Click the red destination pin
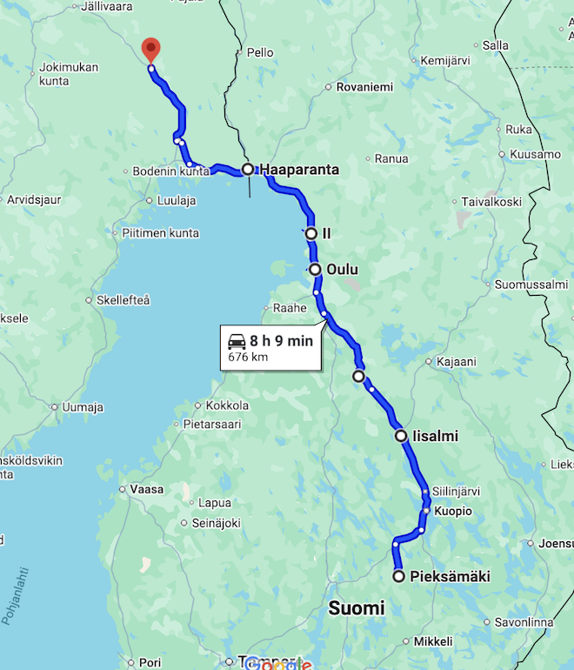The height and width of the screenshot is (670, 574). (x=150, y=49)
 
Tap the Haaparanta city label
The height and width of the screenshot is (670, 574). (x=299, y=170)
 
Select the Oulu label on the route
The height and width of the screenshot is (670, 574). (x=342, y=270)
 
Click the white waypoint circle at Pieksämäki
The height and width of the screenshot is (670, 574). (x=399, y=576)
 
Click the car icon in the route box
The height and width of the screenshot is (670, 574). (x=236, y=341)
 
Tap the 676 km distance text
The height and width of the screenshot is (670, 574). (x=248, y=357)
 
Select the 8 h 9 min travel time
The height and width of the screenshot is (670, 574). (x=281, y=341)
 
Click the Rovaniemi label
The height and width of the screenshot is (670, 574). (x=364, y=87)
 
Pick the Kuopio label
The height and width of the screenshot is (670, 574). (x=453, y=511)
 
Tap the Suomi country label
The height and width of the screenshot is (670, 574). (x=357, y=608)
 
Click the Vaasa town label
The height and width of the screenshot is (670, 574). (x=146, y=490)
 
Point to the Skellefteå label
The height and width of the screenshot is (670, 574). (x=123, y=300)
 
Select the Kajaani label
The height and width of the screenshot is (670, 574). (x=457, y=361)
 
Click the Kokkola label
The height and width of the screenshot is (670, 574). (x=227, y=405)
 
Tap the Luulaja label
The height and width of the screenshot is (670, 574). (x=177, y=200)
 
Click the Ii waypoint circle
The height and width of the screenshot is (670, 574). (x=310, y=233)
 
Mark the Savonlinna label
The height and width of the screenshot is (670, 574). (x=524, y=622)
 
